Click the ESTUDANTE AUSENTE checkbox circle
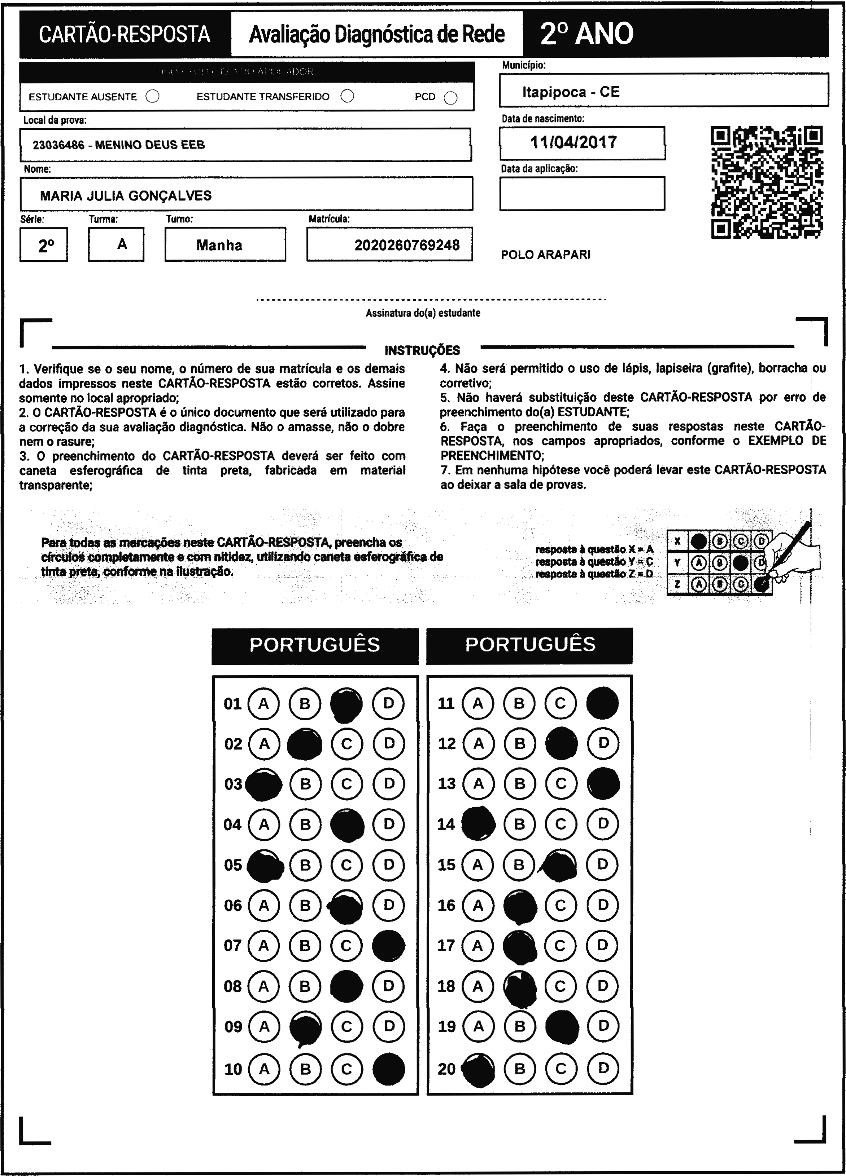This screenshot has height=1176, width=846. tap(153, 97)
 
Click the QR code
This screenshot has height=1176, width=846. tap(767, 182)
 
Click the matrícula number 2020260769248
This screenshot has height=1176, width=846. tap(407, 245)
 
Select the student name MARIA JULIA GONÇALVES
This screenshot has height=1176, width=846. tap(126, 195)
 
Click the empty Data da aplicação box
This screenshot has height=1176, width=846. tap(582, 193)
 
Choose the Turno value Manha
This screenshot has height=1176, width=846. tap(219, 245)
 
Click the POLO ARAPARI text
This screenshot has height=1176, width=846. tap(545, 255)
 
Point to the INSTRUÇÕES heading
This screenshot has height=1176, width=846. tap(422, 350)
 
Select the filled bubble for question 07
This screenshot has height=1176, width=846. tap(388, 945)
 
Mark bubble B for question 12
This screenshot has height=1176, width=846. tap(519, 743)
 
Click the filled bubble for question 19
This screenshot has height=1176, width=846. tap(562, 1026)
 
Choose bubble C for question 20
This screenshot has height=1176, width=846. tap(561, 1068)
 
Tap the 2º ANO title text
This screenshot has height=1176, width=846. tap(586, 34)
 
